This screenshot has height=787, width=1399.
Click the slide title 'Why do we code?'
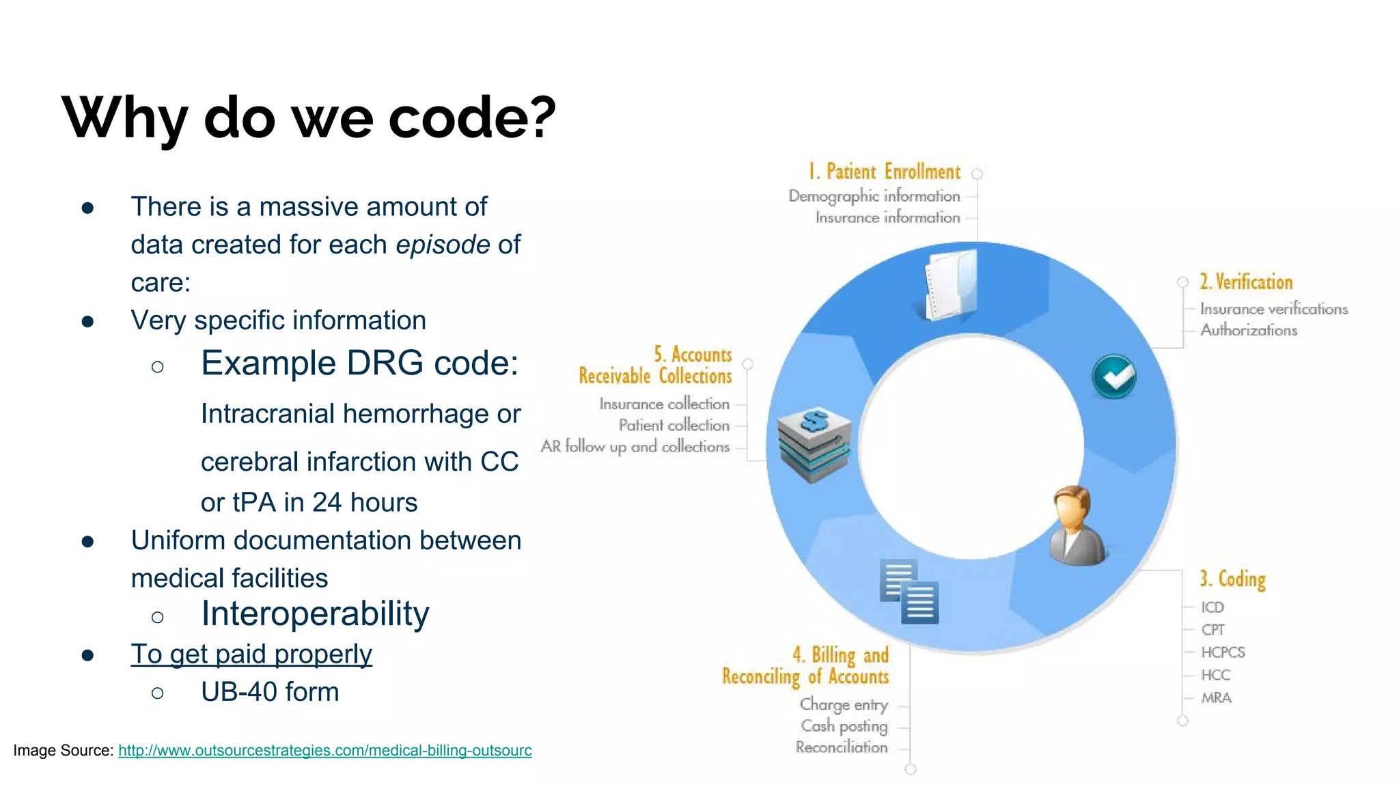309,118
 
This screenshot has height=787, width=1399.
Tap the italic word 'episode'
443,245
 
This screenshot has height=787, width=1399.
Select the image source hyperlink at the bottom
324,750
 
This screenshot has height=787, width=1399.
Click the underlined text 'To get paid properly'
251,654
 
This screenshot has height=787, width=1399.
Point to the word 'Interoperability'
315,613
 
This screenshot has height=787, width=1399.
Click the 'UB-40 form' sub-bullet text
270,692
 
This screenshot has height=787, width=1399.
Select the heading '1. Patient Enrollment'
884,171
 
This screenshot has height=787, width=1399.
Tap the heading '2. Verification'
1246,282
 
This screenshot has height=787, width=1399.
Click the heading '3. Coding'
1232,579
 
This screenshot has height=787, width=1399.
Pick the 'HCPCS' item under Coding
1223,652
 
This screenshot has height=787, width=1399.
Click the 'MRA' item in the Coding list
1216,698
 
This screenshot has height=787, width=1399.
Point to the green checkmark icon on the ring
1113,376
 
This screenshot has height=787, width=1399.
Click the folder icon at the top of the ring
951,285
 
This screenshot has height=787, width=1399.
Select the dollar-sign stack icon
814,444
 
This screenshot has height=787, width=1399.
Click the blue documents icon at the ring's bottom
909,592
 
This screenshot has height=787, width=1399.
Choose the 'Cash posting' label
844,726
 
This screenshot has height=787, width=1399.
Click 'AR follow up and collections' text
635,447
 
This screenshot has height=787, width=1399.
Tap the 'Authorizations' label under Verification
1248,330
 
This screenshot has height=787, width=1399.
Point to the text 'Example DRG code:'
359,363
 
